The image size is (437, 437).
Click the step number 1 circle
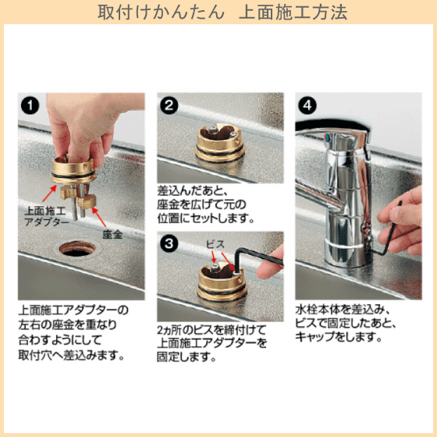[x=30, y=105]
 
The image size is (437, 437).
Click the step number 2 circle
[x=169, y=105]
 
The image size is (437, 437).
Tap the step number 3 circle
[x=169, y=243]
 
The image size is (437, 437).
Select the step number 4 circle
[x=307, y=105]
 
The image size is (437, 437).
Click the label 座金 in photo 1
[x=112, y=234]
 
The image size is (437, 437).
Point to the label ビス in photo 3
[x=215, y=244]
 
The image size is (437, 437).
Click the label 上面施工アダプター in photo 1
[x=46, y=216]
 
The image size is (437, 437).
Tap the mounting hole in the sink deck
[x=77, y=249]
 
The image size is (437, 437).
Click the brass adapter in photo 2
[x=220, y=143]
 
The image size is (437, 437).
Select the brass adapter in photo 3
[x=222, y=282]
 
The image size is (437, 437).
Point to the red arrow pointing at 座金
[x=99, y=217]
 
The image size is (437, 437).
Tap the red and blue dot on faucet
[x=326, y=137]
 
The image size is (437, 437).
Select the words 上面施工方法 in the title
[x=293, y=12]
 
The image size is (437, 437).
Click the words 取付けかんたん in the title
[x=161, y=12]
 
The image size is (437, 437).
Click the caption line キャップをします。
[x=339, y=337]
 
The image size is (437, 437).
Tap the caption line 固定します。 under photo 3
[x=187, y=357]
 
